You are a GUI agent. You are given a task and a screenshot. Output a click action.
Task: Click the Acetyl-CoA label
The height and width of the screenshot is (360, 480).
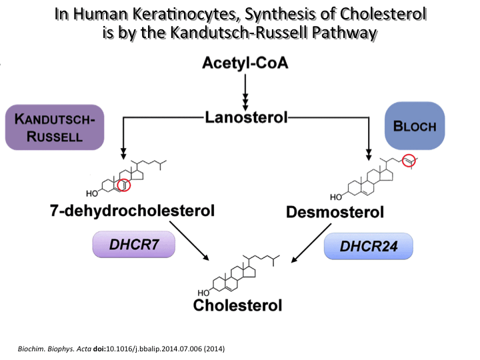click(245, 65)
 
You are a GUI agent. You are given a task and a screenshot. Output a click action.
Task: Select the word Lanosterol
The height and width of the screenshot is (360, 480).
click(245, 118)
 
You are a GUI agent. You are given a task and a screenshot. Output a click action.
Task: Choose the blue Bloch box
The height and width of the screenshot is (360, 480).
click(415, 125)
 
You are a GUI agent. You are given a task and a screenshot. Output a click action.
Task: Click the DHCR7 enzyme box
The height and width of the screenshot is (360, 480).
click(133, 245)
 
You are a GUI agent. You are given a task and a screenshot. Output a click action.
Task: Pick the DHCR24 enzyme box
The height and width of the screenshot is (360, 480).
click(369, 246)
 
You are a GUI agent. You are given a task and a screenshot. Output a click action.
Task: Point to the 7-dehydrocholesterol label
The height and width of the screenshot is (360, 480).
click(133, 211)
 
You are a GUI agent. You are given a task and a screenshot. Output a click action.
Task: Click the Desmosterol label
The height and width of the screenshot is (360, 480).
click(335, 213)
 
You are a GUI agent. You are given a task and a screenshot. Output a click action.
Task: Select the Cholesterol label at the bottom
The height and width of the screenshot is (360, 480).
click(237, 305)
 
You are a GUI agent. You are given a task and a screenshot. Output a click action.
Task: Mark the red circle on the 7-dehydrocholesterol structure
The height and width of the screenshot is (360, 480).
click(123, 185)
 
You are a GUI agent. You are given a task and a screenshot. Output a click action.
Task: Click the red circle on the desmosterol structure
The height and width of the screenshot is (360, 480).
click(408, 160)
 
